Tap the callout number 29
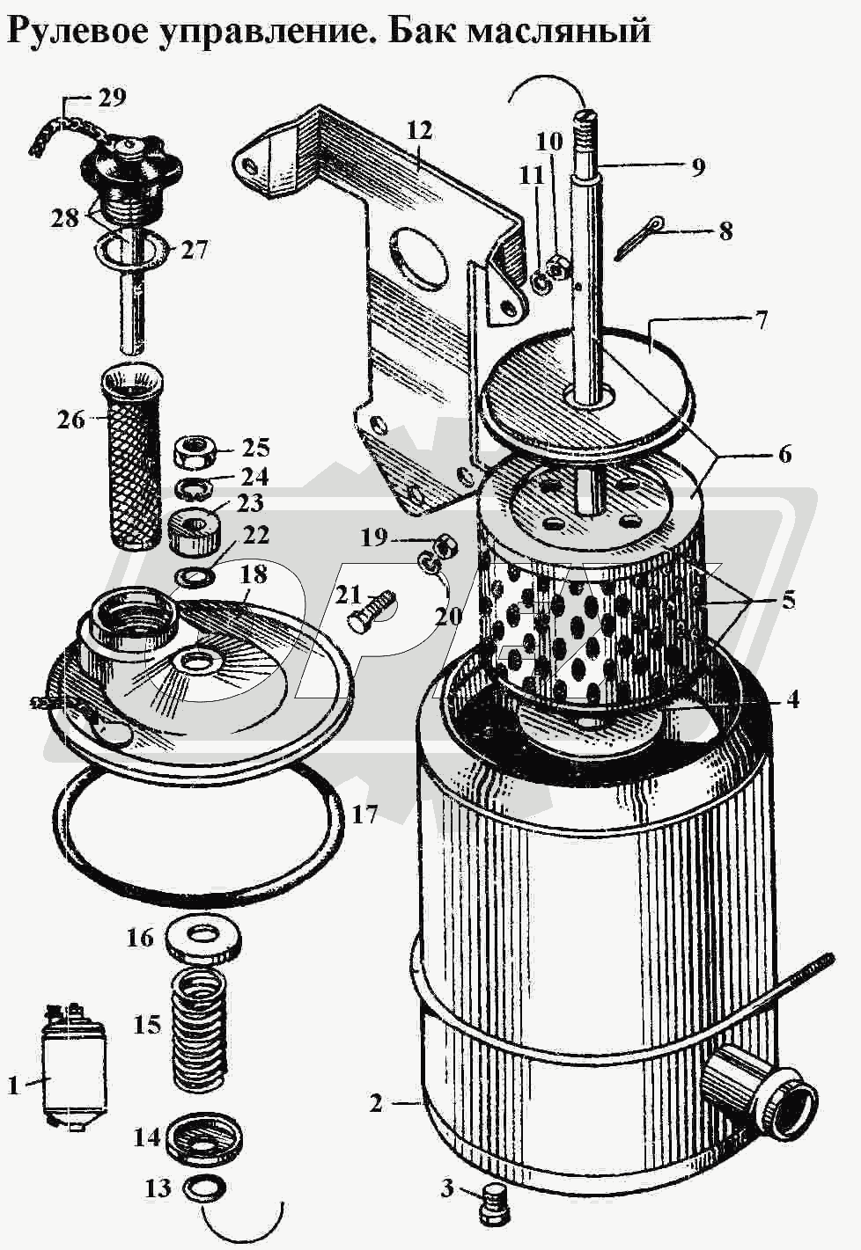tap(112, 97)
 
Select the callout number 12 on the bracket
tap(419, 131)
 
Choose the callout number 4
tap(791, 700)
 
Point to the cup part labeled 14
tap(205, 1120)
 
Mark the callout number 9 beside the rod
tap(697, 167)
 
